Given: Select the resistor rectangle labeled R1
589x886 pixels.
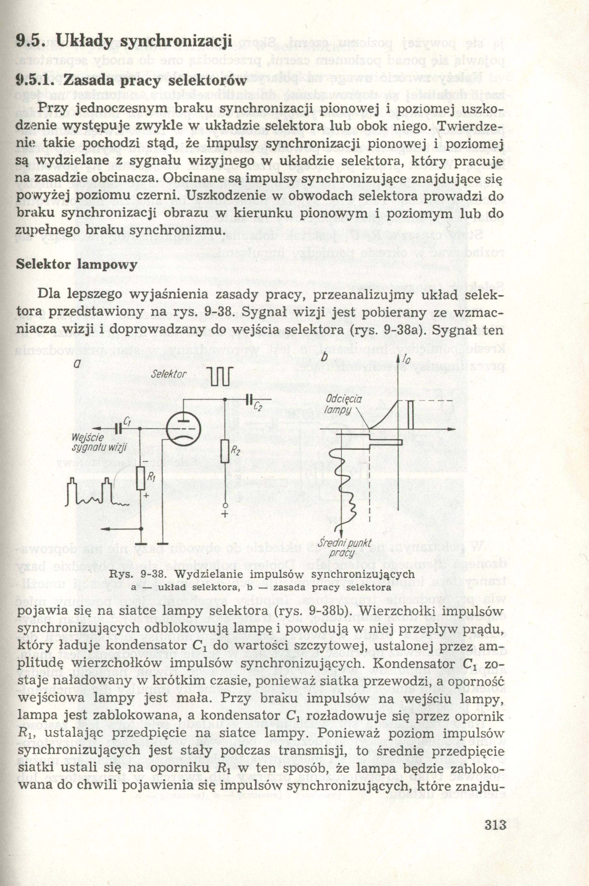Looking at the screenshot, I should point(141,478).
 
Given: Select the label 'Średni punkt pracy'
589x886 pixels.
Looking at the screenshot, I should point(344,548).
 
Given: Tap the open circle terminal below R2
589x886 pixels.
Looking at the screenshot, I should point(225,505).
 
